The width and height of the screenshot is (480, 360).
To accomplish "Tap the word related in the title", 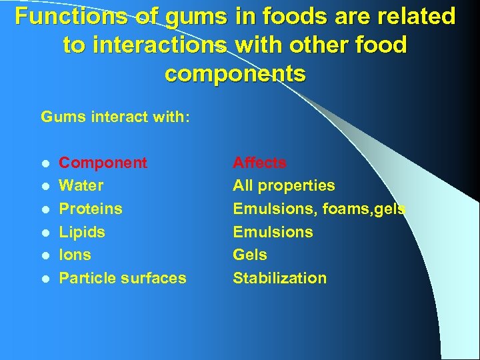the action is (x=411, y=16).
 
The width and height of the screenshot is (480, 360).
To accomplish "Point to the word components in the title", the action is (x=235, y=73).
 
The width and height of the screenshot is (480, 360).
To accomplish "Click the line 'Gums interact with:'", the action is (x=115, y=118).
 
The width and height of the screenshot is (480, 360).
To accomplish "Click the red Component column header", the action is (x=103, y=163).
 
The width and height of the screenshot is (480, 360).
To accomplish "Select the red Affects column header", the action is (x=259, y=163).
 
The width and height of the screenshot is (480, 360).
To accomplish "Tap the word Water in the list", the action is (x=81, y=185).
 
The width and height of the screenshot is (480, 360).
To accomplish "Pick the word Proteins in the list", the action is (x=91, y=209).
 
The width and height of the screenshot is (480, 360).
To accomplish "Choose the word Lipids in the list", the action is (x=82, y=232).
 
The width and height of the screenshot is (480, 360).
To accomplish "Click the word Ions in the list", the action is (x=75, y=255).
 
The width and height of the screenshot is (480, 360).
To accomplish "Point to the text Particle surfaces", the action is (x=123, y=278).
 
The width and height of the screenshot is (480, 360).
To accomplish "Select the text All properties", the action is (x=283, y=185).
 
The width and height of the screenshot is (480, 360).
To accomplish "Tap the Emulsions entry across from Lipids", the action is (x=273, y=232).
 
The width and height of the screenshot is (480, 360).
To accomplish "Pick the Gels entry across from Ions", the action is (x=250, y=255).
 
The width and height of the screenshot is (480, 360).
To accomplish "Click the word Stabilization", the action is (x=279, y=278).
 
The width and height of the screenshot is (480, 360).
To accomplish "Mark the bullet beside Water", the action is (x=44, y=186).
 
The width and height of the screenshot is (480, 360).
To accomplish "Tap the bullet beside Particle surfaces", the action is (x=44, y=279).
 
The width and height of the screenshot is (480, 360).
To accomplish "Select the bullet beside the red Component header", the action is (x=44, y=163).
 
